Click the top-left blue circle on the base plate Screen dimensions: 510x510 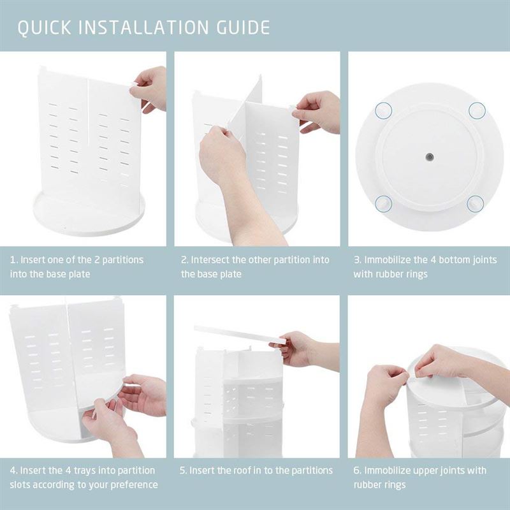[x=382, y=110]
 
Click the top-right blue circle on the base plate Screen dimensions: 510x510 [x=477, y=110]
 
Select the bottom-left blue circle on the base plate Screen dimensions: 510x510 [x=382, y=203]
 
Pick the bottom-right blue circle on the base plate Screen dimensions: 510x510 [x=475, y=203]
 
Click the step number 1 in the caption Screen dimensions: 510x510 [x=13, y=260]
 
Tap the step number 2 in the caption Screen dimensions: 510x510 [x=184, y=260]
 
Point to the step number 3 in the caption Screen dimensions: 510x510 [x=357, y=260]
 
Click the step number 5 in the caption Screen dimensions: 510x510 [x=184, y=470]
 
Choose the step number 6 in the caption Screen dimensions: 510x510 [x=357, y=470]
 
